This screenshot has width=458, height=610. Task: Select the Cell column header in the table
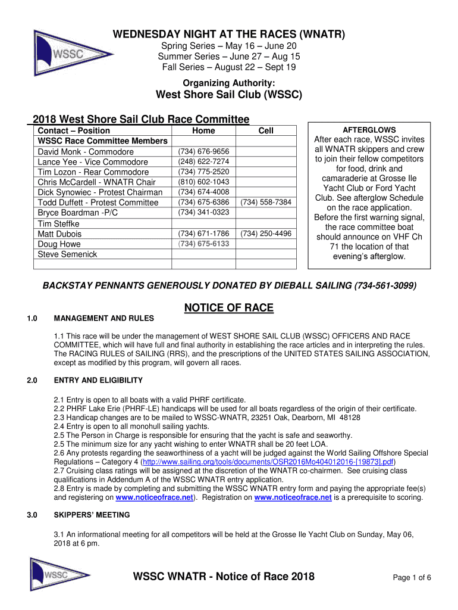(266, 130)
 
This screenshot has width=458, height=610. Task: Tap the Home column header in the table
(204, 130)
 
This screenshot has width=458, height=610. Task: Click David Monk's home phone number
(204, 151)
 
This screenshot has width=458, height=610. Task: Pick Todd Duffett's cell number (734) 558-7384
(266, 203)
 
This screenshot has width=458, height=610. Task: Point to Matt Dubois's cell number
(266, 234)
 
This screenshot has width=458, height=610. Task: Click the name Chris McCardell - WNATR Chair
(97, 182)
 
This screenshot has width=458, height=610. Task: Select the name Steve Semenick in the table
(67, 254)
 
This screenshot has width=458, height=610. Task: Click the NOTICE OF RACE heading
(229, 308)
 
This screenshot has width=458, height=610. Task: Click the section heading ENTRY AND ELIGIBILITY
(98, 380)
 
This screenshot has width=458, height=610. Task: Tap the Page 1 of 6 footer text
(412, 577)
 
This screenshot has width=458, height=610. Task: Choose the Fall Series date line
(229, 67)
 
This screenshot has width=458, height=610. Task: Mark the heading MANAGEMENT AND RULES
(103, 319)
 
